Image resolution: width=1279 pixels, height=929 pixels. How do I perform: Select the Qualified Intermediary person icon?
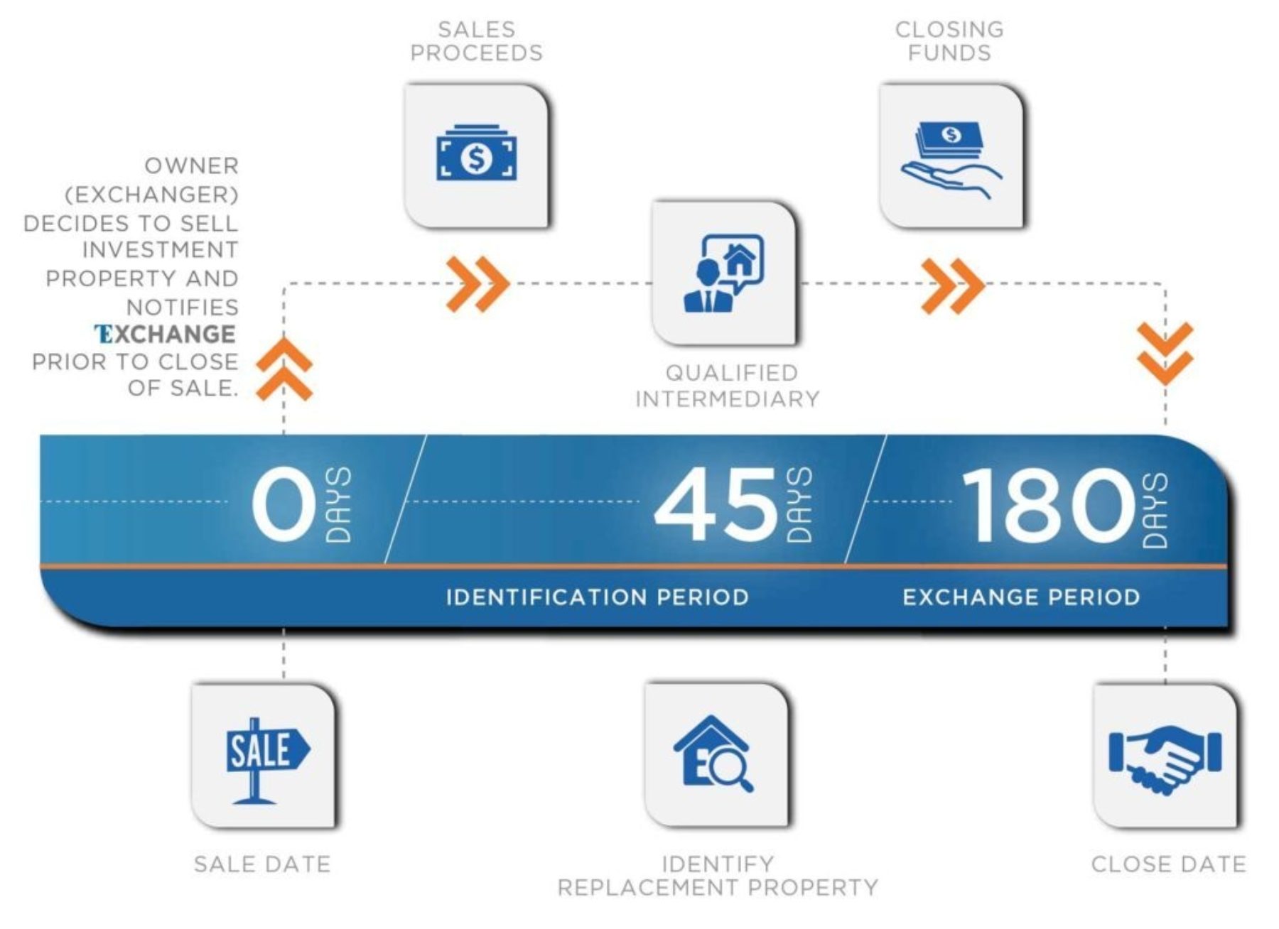(723, 273)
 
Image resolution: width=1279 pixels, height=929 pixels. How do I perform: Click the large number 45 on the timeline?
(716, 505)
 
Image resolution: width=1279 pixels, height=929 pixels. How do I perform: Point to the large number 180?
(1047, 505)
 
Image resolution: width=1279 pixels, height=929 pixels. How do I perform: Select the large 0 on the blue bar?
(284, 505)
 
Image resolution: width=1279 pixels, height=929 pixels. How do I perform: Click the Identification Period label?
(597, 597)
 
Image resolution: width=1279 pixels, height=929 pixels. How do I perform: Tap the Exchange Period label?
(1021, 597)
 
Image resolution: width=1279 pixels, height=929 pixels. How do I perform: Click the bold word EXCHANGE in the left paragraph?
(165, 334)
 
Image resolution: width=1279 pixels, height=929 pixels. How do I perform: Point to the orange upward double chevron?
(284, 369)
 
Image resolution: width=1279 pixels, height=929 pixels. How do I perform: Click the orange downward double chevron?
(1165, 353)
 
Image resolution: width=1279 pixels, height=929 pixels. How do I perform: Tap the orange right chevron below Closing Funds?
(952, 286)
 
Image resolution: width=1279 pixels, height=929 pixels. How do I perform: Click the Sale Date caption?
(262, 864)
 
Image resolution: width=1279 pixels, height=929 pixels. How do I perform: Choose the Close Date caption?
(1168, 864)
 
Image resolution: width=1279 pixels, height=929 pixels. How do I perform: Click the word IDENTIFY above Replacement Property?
(717, 864)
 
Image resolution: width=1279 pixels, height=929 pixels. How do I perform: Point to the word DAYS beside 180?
(1154, 510)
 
